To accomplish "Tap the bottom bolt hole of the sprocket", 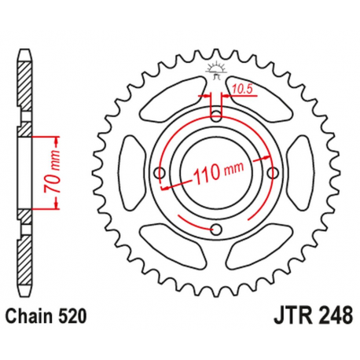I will click(x=216, y=229).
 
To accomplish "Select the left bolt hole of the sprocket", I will click(x=160, y=173).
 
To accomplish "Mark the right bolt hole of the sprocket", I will click(x=273, y=173).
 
